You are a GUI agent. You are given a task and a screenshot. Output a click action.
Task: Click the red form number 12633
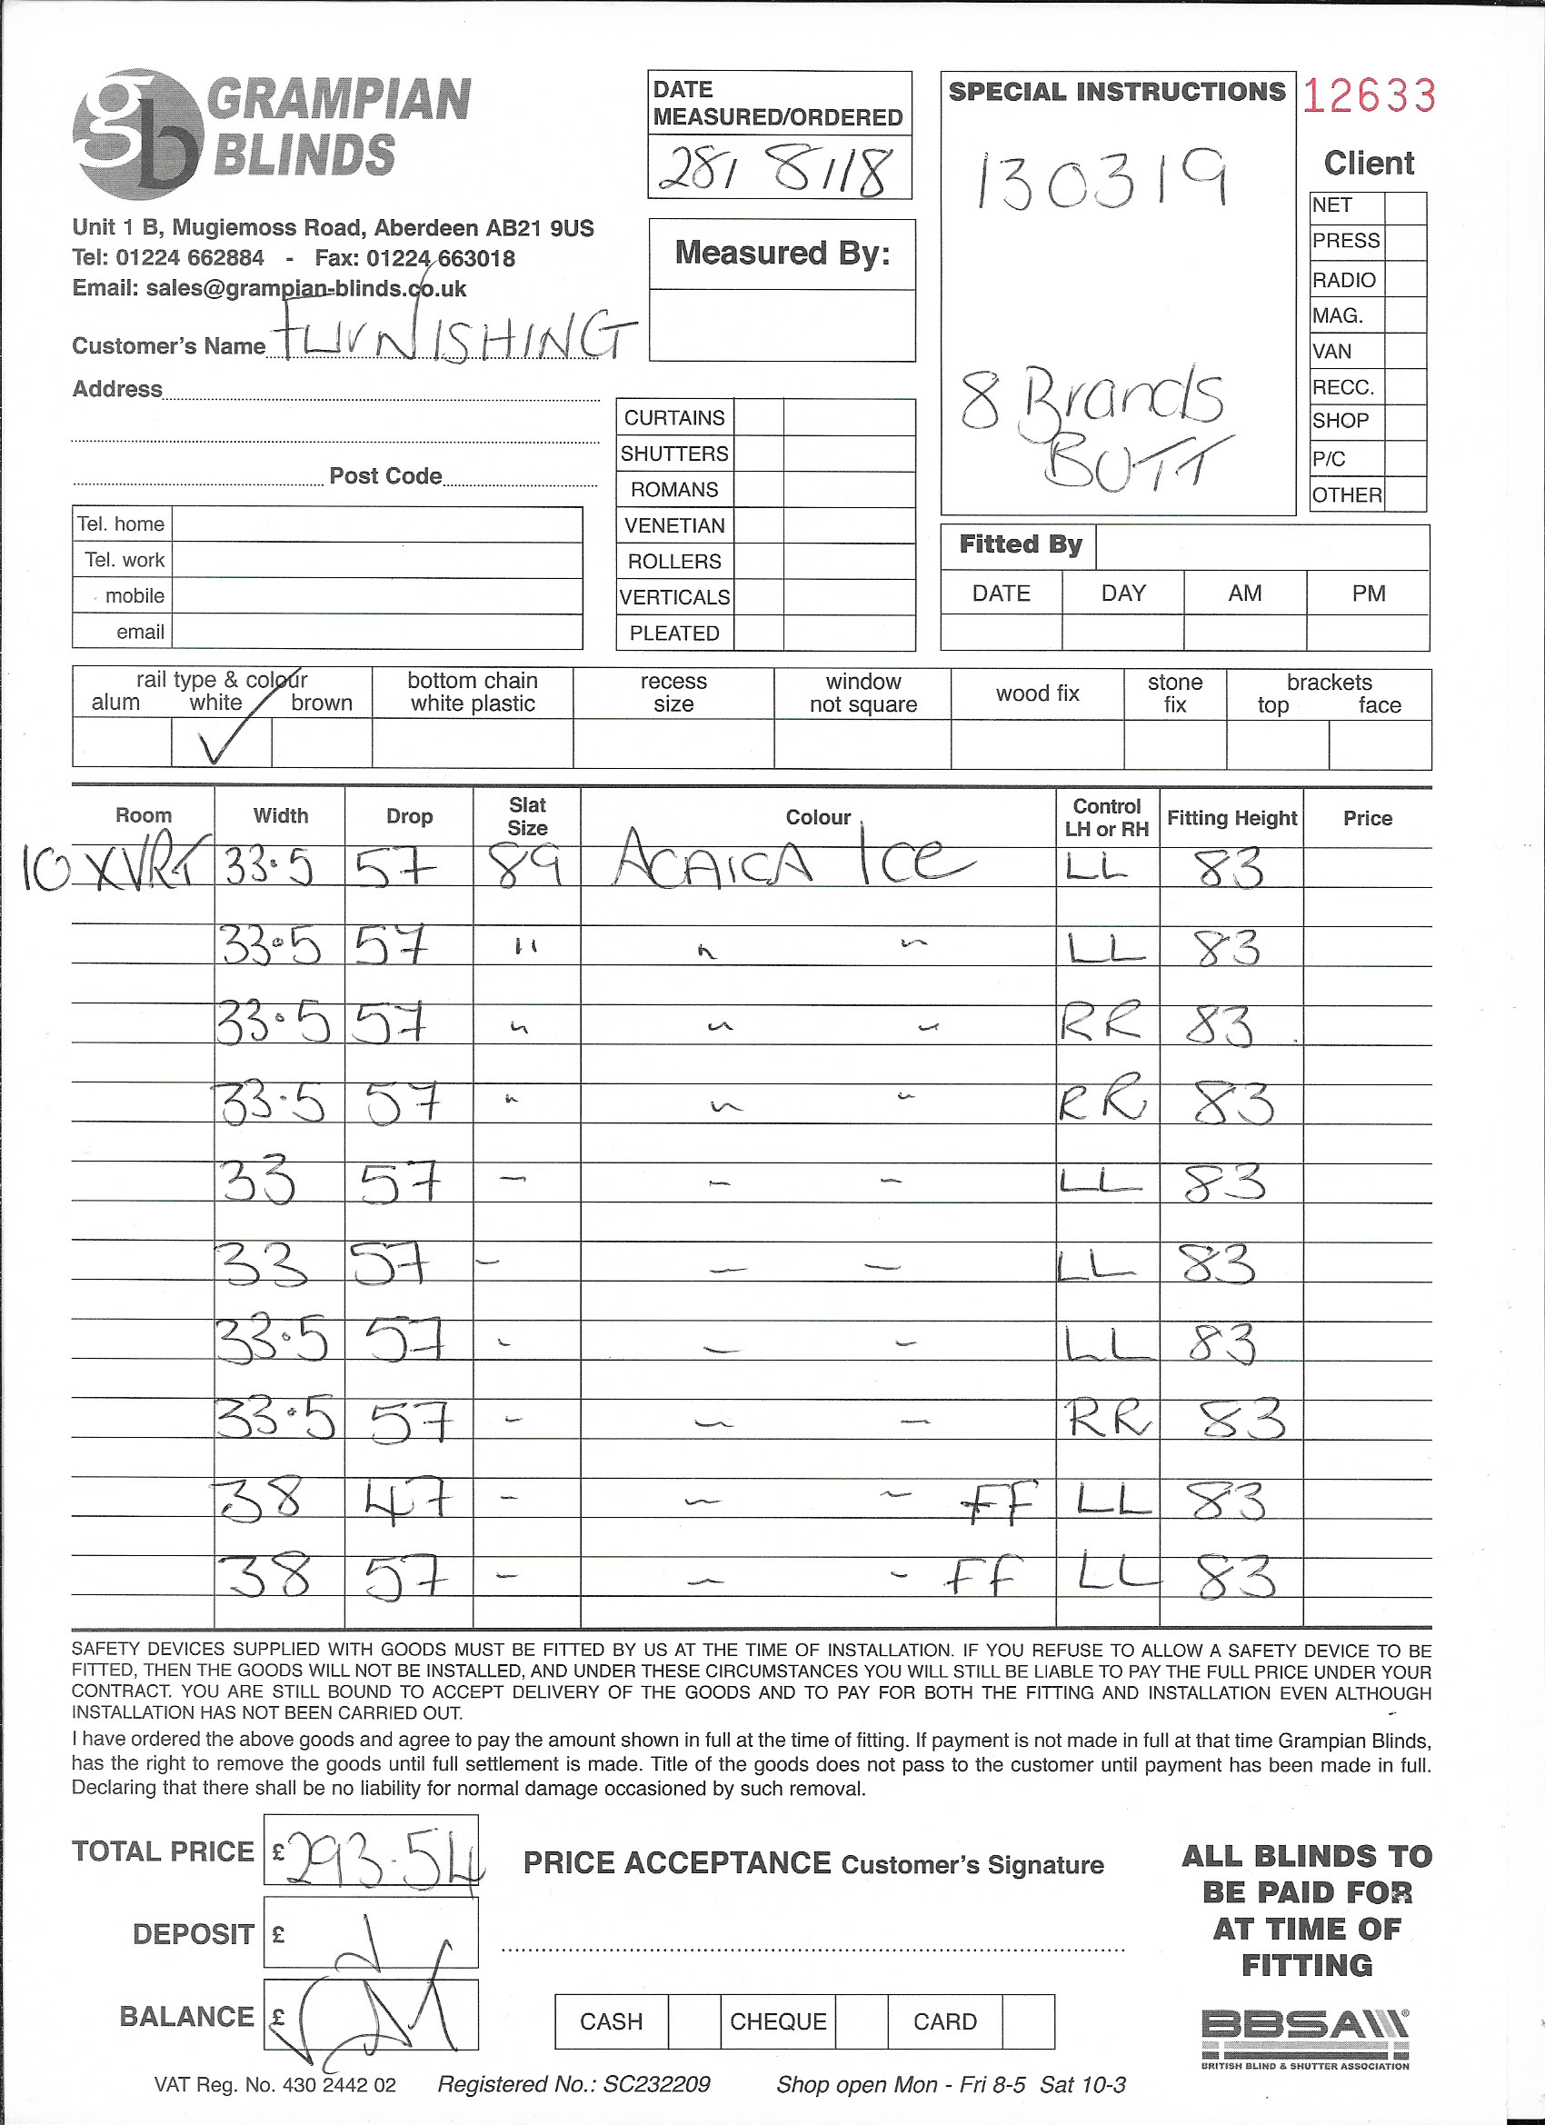click(1368, 95)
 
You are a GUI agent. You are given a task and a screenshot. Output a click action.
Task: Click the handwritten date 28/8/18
click(776, 171)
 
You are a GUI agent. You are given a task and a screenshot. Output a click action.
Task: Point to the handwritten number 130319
click(1101, 179)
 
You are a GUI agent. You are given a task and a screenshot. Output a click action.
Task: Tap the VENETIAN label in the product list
click(674, 525)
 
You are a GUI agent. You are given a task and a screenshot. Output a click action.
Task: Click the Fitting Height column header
click(1231, 818)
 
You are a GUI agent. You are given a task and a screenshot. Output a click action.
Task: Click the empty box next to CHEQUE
click(861, 2021)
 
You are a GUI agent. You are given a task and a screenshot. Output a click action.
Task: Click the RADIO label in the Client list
click(1343, 280)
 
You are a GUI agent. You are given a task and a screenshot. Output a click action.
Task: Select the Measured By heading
click(782, 254)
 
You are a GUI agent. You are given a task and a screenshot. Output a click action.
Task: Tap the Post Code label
click(385, 476)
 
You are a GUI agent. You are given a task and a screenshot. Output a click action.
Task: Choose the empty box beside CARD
click(1028, 2021)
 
